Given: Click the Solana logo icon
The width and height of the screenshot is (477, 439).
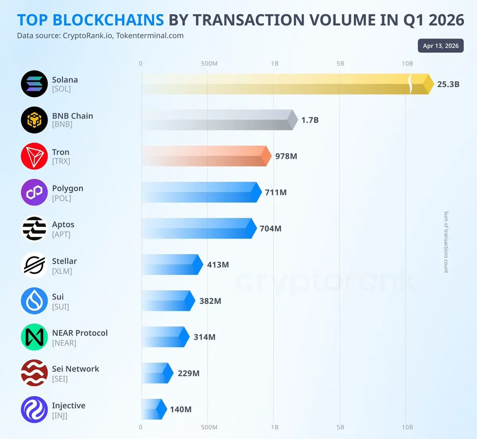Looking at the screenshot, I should coord(34,84).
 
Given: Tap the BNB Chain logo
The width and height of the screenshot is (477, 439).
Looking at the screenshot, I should coord(34,120).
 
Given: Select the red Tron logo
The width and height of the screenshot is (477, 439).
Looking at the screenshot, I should coord(34,156).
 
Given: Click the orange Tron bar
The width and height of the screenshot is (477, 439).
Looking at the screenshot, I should coord(205,156).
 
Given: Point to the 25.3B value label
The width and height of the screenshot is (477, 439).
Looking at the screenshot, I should coord(448,84).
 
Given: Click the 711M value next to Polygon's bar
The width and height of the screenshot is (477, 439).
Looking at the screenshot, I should coord(275,193).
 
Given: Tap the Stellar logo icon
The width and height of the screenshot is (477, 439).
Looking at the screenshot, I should coord(34,265).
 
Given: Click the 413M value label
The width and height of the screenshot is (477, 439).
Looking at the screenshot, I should coord(218,265).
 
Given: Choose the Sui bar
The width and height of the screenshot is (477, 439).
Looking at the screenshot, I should coord(167,301).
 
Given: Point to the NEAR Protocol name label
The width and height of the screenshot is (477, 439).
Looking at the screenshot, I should coord(80,333).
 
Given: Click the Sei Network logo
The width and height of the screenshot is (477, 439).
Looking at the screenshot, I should coord(34,373).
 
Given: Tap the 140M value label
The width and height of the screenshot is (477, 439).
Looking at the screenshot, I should coord(180,410).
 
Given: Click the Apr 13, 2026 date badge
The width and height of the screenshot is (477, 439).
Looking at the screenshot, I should coord(440,46).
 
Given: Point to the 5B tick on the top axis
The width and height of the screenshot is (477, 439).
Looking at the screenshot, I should coord(340,64).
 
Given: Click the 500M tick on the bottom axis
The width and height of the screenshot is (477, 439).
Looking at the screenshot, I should coord(209,427).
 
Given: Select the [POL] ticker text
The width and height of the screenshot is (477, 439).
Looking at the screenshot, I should coord(62,198).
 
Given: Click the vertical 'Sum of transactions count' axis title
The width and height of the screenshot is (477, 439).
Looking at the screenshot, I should coord(446,242).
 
